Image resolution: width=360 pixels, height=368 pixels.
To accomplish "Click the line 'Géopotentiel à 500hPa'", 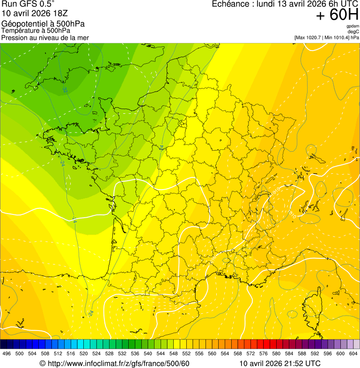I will (43, 24).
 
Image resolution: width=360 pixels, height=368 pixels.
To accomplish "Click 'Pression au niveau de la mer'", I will (45, 37).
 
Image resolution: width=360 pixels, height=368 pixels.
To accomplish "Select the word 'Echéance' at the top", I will (230, 4).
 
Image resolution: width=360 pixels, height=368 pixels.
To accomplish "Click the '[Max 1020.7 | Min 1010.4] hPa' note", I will (326, 37).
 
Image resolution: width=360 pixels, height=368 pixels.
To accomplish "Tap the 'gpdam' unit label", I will (353, 26).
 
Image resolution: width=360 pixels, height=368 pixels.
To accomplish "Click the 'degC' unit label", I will (353, 31).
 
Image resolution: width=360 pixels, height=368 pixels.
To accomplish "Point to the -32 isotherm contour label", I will (64, 89).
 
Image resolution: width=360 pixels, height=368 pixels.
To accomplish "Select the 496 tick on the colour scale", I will (7, 354).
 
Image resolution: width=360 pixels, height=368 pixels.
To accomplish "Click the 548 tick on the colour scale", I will (174, 354).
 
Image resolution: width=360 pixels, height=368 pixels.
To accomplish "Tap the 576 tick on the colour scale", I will (264, 354).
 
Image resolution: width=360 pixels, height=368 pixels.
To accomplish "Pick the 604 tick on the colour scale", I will (353, 354).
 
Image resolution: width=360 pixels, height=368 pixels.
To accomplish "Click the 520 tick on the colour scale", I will (84, 354).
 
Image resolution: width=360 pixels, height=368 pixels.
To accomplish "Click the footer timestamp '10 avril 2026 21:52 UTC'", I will (280, 363).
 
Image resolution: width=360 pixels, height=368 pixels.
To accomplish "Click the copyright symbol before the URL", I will (42, 363).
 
